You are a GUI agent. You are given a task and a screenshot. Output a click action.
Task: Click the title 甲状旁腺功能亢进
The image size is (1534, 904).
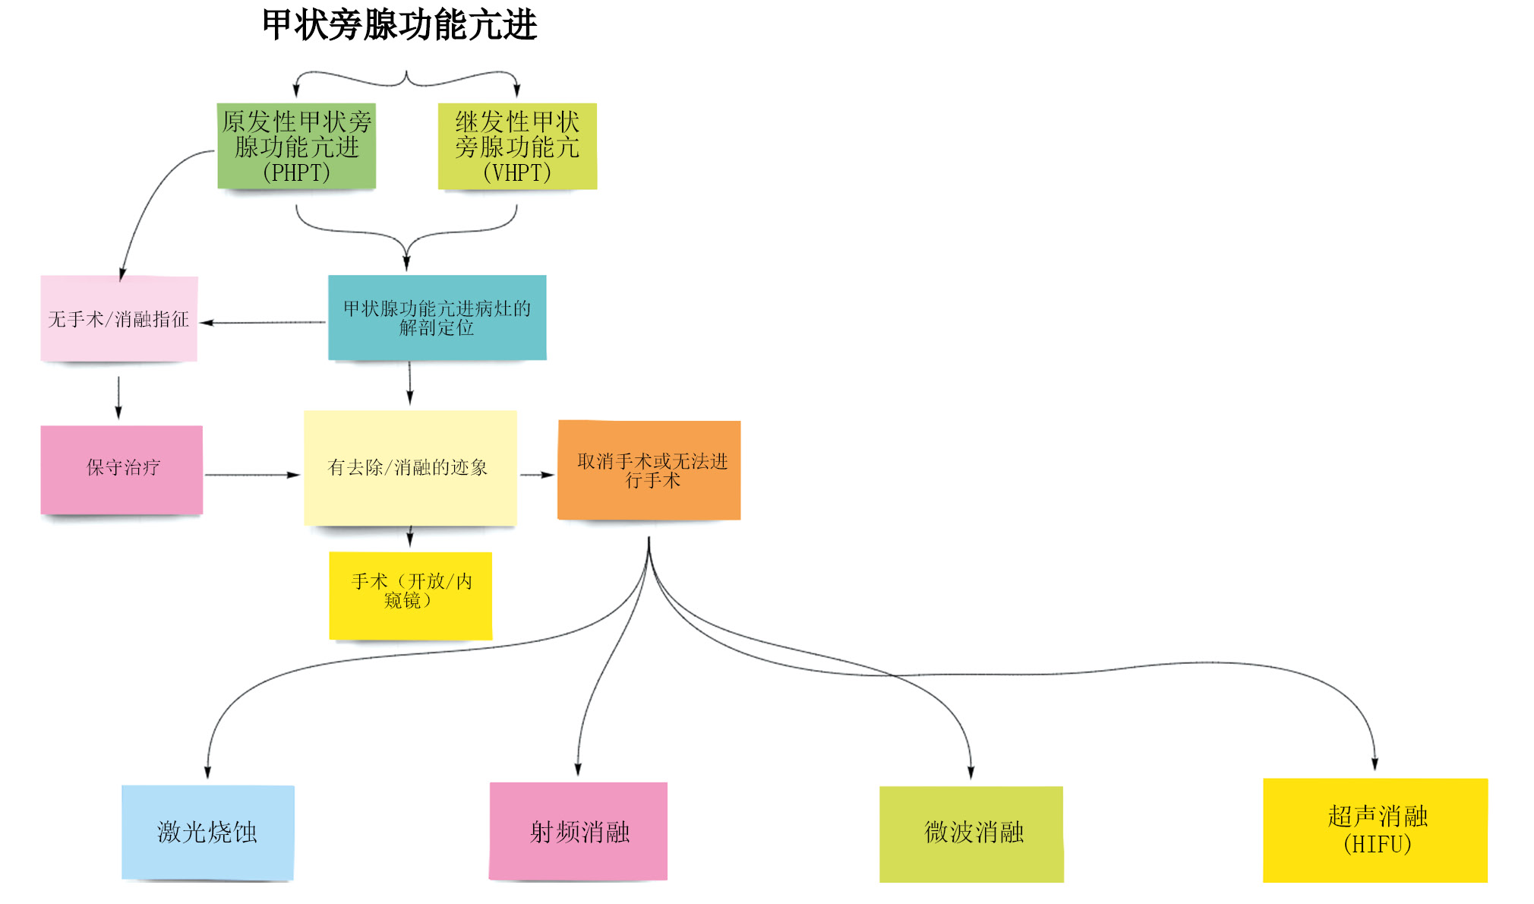coord(399,25)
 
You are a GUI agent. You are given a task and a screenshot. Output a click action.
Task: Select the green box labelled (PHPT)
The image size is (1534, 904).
coord(296,146)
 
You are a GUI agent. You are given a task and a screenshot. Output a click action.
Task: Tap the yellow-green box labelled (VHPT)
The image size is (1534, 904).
coord(517,146)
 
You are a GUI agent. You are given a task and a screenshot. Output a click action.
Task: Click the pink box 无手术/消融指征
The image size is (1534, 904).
coord(118,319)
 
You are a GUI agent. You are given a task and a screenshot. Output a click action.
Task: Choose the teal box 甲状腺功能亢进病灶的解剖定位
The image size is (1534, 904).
coord(437,318)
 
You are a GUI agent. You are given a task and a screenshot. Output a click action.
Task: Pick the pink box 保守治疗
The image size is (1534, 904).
coord(122,469)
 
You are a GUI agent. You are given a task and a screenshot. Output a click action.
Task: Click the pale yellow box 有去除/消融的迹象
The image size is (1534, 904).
coord(410,467)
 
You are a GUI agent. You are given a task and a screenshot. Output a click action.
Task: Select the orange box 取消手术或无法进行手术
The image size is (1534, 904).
coord(649,469)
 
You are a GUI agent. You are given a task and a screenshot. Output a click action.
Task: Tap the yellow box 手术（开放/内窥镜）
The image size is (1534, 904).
coord(410,595)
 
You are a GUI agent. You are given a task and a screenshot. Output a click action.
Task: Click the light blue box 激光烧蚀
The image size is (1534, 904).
coord(207,832)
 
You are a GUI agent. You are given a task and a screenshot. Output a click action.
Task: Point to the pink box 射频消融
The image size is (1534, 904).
coord(579,831)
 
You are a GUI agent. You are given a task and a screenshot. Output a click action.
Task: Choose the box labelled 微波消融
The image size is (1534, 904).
coord(971,833)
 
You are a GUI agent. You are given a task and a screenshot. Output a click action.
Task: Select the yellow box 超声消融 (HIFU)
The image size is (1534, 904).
coord(1375,830)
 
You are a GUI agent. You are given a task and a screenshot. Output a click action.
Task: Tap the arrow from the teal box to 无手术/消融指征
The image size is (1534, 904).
coord(263,322)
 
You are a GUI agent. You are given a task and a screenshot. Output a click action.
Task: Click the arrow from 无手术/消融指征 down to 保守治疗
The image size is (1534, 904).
coord(118,397)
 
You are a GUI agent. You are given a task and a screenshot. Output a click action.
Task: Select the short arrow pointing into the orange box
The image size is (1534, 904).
coord(537,475)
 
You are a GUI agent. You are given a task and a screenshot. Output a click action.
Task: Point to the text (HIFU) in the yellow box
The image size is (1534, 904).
coord(1377,844)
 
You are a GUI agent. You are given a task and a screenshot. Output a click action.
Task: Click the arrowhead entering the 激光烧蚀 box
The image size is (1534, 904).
coord(207,771)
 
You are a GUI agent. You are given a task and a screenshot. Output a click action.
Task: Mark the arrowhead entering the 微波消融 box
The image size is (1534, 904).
coord(971,772)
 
